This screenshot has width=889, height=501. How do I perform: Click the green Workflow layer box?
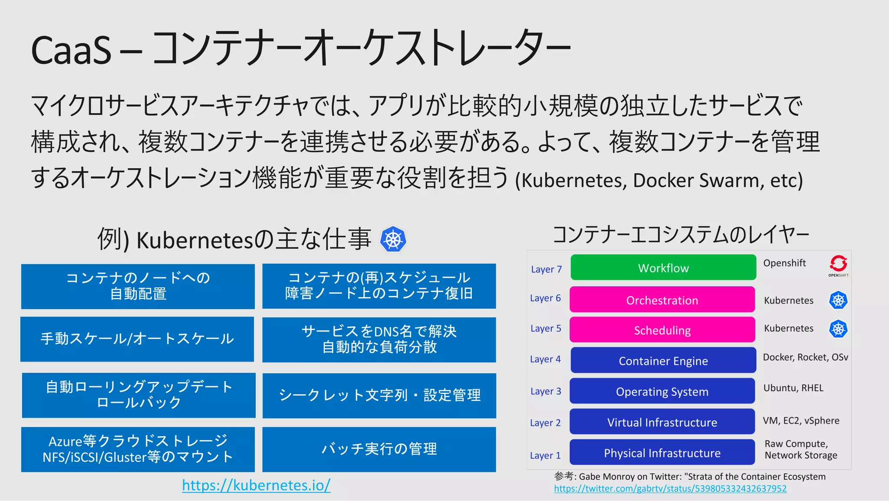[x=663, y=268]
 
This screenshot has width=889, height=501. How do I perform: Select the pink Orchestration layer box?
[x=662, y=300]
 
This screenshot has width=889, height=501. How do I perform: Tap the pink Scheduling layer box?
[x=662, y=330]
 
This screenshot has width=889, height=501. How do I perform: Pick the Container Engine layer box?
[x=663, y=360]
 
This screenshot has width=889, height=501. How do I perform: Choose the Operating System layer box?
[x=662, y=391]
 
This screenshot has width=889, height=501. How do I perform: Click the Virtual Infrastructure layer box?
[x=662, y=422]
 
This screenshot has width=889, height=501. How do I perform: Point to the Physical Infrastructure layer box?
[x=662, y=453]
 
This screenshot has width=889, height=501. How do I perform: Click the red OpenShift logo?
[x=838, y=264]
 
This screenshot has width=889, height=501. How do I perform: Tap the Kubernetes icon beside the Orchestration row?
[x=838, y=300]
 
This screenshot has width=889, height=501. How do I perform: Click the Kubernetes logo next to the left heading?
[x=393, y=239]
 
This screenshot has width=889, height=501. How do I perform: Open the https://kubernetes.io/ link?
[x=256, y=485]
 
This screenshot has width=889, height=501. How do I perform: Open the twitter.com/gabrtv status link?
[x=670, y=488]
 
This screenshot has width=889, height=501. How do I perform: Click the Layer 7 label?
[x=546, y=269]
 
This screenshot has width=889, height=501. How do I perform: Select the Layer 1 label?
[x=545, y=455]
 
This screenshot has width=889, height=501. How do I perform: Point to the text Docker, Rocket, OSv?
[x=805, y=357]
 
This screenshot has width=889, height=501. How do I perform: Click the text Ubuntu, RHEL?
[x=793, y=388]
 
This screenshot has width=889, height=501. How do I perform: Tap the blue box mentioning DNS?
[x=379, y=339]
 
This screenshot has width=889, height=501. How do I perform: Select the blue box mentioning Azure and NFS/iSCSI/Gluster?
[x=138, y=449]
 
